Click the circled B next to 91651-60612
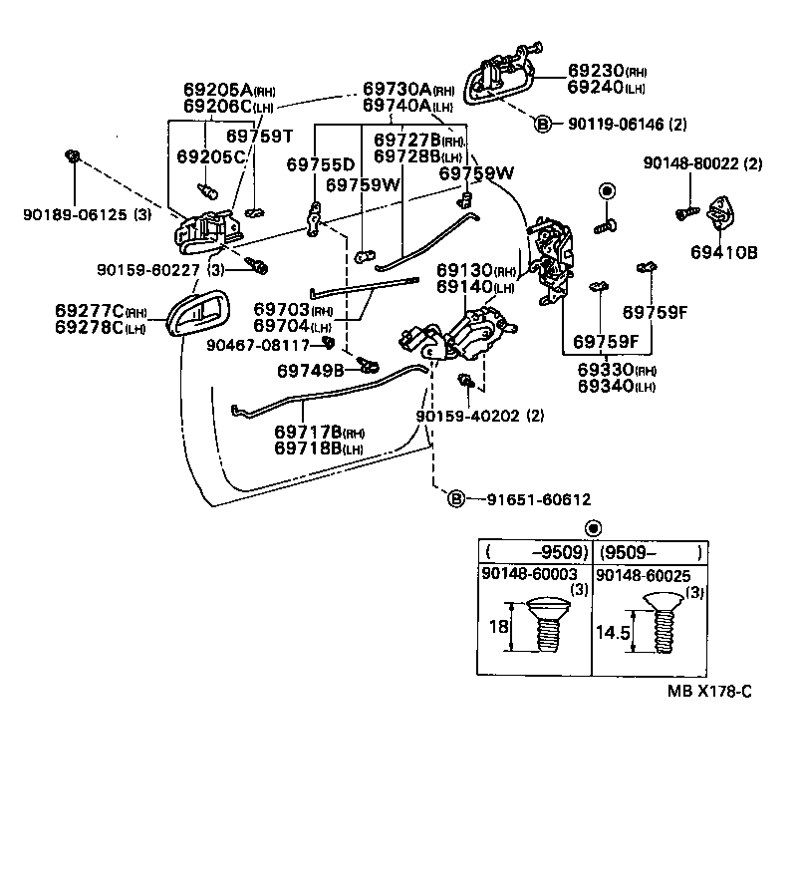tap(455, 498)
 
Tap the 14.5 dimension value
tap(614, 632)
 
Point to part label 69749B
tap(310, 371)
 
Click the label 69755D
tap(320, 163)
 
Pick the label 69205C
tap(211, 156)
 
